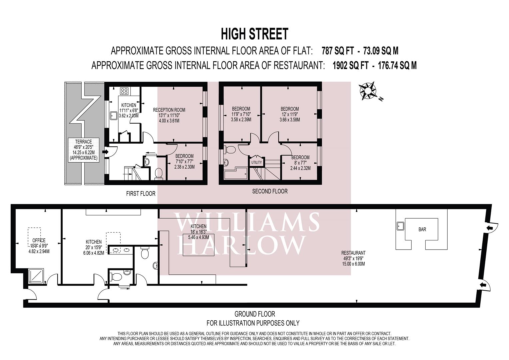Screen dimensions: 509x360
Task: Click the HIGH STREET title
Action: tap(255, 34)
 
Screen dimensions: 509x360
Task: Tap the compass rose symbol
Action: tap(368, 91)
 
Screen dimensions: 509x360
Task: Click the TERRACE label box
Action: tap(84, 150)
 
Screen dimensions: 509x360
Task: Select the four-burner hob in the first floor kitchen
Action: tap(124, 91)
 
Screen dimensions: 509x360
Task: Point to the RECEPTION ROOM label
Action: tap(169, 110)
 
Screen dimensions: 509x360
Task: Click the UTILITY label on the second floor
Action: tap(257, 163)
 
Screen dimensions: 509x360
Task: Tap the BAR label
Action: tap(422, 230)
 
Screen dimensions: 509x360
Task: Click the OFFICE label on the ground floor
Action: tap(39, 240)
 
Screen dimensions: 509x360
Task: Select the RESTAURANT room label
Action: tap(353, 253)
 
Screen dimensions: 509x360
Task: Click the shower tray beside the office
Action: tap(36, 276)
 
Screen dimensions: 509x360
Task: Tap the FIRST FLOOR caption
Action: tap(141, 194)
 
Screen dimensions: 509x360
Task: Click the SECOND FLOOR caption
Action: tap(270, 191)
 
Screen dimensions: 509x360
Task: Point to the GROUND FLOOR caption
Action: tap(255, 314)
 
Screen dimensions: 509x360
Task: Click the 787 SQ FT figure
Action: tap(338, 51)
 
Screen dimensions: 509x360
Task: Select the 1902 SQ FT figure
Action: tap(350, 66)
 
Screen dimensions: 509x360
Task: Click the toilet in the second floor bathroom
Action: tap(230, 150)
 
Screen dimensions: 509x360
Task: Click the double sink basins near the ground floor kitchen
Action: tap(120, 250)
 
